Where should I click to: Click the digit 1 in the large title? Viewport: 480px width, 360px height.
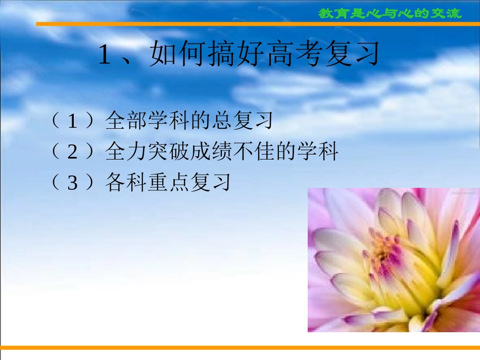pos(105,55)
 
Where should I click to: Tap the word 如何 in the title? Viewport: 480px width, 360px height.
pos(176,54)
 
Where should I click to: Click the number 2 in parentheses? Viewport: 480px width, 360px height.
pos(73,151)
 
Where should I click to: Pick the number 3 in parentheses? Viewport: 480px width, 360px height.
pos(73,183)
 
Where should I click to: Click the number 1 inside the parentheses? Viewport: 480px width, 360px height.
pos(73,121)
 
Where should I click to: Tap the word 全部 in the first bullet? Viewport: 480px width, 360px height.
pos(126,120)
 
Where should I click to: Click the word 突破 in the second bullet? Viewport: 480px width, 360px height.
pos(168,151)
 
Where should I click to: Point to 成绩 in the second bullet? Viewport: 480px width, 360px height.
pos(211,151)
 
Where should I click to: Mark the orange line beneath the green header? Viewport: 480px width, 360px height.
pos(258,24)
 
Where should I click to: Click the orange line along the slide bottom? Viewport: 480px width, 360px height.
pos(240,347)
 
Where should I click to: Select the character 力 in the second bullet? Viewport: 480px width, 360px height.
pos(136,151)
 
